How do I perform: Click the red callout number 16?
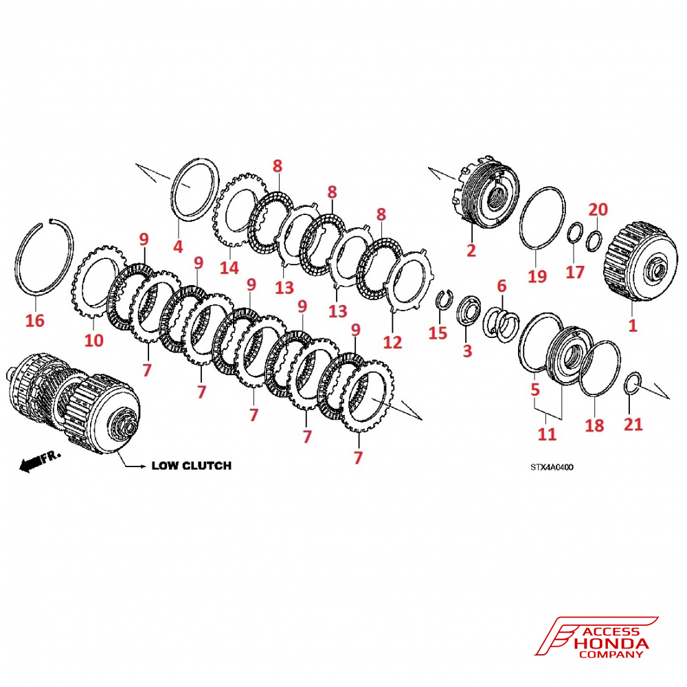(x=34, y=320)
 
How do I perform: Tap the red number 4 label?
(x=178, y=245)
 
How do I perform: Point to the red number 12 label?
(x=392, y=341)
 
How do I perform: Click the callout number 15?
(x=438, y=333)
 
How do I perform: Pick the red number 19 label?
(x=537, y=275)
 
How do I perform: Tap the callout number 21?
(x=633, y=424)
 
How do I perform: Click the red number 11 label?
(x=547, y=434)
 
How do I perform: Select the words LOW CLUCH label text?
(x=191, y=465)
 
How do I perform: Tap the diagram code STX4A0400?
(x=551, y=467)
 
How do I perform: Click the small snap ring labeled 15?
(x=443, y=300)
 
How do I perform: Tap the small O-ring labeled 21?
(x=634, y=383)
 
